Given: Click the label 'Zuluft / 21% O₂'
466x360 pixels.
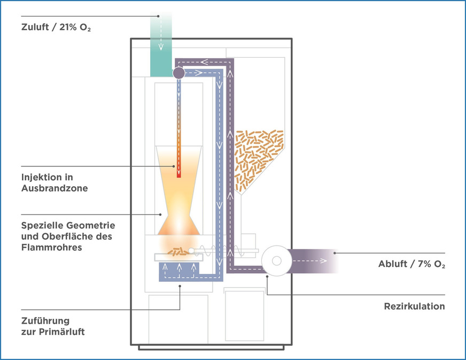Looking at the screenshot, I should point(56,28).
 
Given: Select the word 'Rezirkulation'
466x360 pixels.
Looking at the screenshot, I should point(414,307).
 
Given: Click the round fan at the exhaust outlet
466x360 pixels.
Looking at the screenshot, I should point(276,261).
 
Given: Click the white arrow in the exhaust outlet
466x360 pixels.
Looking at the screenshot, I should point(310,261).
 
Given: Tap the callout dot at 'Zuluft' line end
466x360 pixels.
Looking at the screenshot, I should point(159,17).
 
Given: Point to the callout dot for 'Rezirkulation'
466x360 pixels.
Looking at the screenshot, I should point(267,277).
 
